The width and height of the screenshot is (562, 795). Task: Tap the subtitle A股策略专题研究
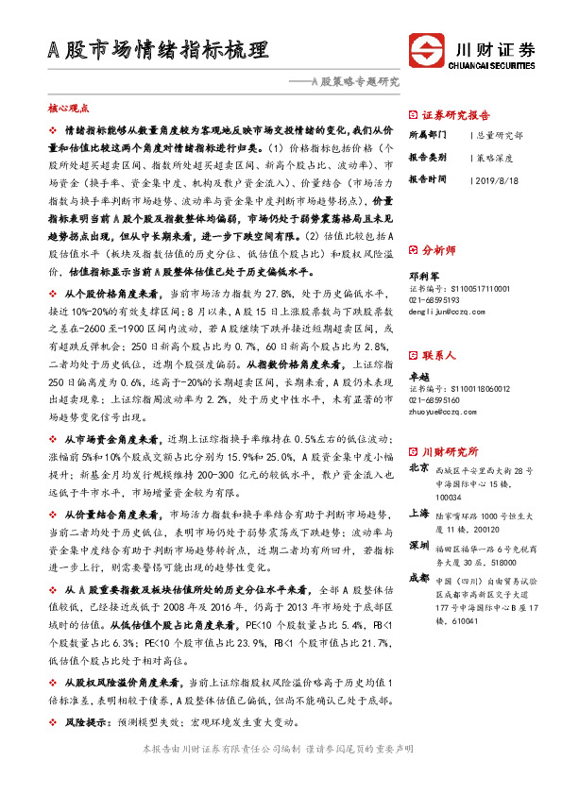pos(351,81)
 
